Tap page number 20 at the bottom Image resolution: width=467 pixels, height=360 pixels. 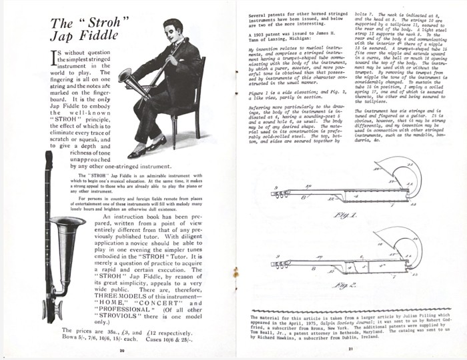pos(121,349)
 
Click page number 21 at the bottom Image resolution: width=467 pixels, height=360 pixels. pos(350,349)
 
